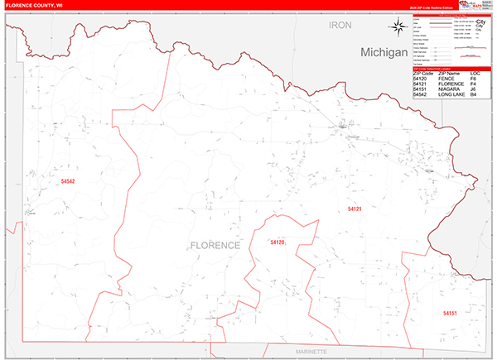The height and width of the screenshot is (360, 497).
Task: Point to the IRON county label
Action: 340,26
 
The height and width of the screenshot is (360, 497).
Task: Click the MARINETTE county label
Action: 311,352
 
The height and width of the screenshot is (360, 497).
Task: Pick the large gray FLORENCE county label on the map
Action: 215,246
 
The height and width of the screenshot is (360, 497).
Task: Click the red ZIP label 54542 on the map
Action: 68,181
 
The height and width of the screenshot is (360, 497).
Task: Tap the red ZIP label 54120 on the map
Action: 277,242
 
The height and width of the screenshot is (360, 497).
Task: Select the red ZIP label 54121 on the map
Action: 355,209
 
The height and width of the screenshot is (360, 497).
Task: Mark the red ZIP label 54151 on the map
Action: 450,314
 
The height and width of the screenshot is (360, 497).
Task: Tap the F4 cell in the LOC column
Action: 473,84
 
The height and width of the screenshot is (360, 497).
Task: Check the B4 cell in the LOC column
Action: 473,96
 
